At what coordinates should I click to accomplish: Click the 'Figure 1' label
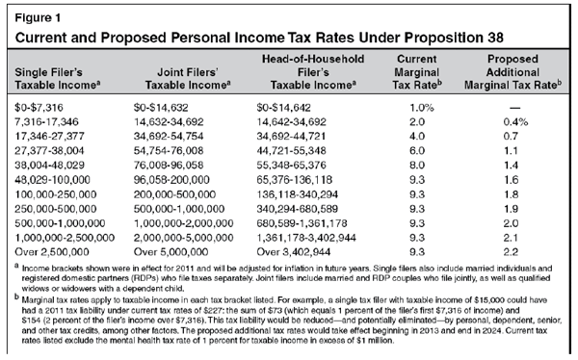pos(38,17)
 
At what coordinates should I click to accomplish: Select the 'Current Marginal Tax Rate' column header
pos(417,72)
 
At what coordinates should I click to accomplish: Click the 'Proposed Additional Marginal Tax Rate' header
pos(512,72)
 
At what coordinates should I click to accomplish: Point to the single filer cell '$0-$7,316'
pos(39,108)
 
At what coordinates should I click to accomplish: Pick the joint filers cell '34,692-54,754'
pos(169,137)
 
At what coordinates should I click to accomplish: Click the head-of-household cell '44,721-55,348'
pos(291,151)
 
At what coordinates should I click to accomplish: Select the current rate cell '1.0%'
pos(422,108)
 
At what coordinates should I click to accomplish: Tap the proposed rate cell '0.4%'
pos(515,122)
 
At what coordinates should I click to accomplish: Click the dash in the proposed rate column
pos(515,108)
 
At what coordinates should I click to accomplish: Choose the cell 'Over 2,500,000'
pos(52,252)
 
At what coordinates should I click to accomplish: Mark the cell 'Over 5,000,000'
pos(171,252)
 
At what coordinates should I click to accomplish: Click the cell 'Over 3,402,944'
pos(294,252)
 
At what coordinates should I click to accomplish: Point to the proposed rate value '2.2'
pos(511,252)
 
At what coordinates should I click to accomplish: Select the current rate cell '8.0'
pos(417,165)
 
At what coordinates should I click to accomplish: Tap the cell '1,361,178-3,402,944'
pos(306,238)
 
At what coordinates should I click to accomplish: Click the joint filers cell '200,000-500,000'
pos(174,194)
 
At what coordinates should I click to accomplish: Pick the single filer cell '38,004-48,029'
pos(49,165)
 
